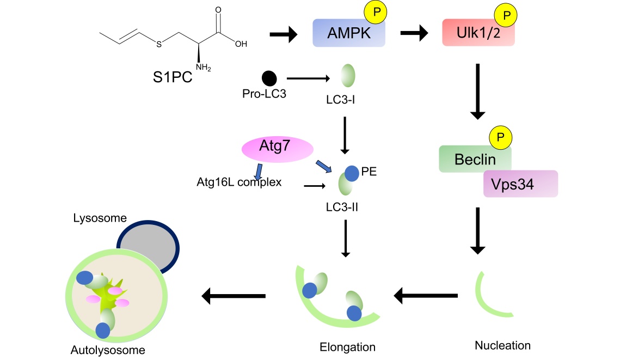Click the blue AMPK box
point(348,34)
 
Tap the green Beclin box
point(475,160)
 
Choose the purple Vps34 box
point(520,184)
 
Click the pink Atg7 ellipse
point(276,148)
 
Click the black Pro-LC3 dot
point(268,78)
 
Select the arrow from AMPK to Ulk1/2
point(414,34)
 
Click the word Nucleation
point(502,345)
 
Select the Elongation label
point(348,347)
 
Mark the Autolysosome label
point(108,350)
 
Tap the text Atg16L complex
point(239,182)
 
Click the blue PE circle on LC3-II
point(352,174)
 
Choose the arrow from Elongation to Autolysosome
point(234,296)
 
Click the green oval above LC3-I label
point(348,75)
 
